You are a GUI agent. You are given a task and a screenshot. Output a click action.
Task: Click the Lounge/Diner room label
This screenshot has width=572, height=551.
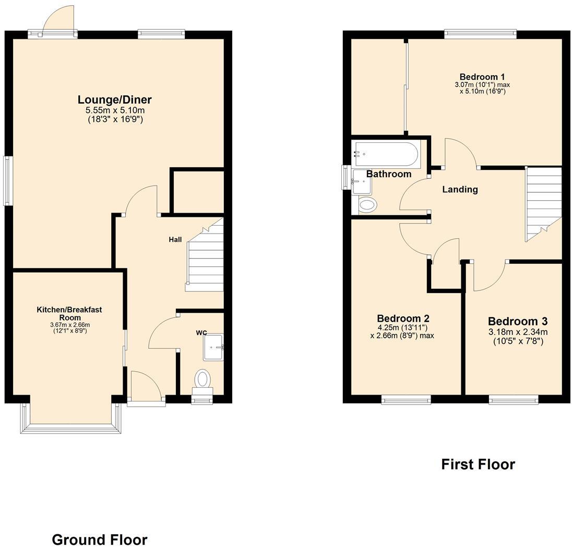[114, 100]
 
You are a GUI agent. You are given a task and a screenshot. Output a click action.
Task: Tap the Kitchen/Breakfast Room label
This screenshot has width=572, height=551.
[69, 313]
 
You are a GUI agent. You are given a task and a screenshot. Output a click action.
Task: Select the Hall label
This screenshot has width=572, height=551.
[175, 240]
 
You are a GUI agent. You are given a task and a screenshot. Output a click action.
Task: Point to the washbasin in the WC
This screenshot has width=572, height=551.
[213, 347]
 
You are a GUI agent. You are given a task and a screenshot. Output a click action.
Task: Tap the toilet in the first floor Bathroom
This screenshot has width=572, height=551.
[367, 205]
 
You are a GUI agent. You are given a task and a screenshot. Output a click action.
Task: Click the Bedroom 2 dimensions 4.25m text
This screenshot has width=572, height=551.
[402, 327]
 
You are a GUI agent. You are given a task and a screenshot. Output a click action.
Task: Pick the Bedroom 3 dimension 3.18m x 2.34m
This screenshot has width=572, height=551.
[517, 332]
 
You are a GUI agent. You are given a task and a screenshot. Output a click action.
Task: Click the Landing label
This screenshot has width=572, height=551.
[460, 190]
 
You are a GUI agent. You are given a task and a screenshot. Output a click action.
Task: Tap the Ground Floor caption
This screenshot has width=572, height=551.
[99, 540]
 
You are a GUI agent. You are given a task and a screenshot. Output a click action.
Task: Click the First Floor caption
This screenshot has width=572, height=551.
[478, 464]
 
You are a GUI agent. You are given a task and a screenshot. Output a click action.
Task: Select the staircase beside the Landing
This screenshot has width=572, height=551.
[543, 203]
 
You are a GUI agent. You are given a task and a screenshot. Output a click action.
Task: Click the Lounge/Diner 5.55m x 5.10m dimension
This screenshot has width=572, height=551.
[115, 111]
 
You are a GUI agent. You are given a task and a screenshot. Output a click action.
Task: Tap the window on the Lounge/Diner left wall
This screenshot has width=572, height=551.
[8, 181]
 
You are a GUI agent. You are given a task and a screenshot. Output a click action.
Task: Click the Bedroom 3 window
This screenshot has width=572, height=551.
[514, 400]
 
